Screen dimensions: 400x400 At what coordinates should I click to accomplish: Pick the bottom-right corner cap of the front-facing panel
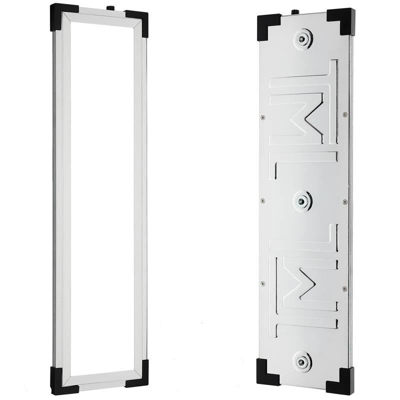[137, 378]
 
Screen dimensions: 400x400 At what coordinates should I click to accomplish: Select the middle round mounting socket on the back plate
[301, 200]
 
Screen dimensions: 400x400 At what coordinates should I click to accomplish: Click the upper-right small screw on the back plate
[345, 114]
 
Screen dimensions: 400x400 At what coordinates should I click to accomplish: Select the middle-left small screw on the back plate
[262, 201]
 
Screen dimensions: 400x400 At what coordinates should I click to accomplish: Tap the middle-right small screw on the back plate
[344, 201]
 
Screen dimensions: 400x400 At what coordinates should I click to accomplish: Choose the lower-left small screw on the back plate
[262, 284]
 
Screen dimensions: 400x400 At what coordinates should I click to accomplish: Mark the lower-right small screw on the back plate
[344, 288]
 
